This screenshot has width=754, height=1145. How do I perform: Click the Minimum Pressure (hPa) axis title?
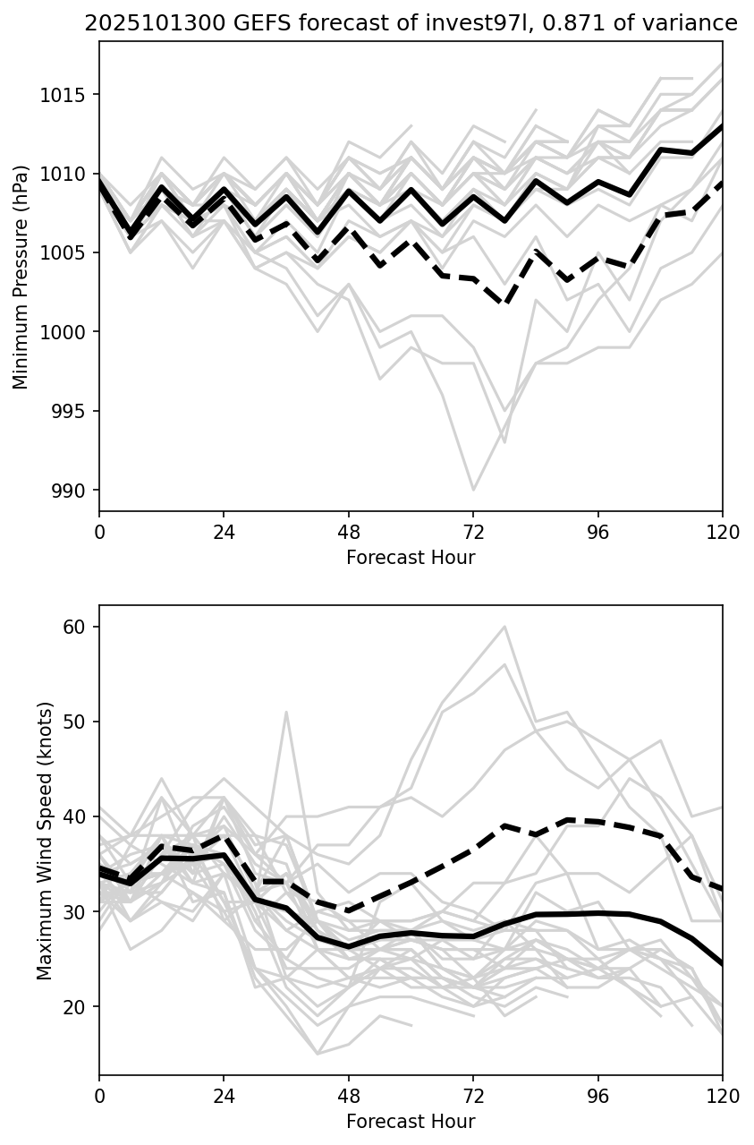point(21,277)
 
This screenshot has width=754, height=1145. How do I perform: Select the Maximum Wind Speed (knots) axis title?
point(46,841)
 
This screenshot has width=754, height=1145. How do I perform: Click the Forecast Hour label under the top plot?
point(411,558)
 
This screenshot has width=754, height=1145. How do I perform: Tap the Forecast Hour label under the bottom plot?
point(411,1122)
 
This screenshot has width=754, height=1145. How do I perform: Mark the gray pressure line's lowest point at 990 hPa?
point(473,490)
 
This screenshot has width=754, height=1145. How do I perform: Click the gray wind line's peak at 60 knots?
point(504,627)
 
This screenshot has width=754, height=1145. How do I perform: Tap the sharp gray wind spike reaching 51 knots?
point(286,713)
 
